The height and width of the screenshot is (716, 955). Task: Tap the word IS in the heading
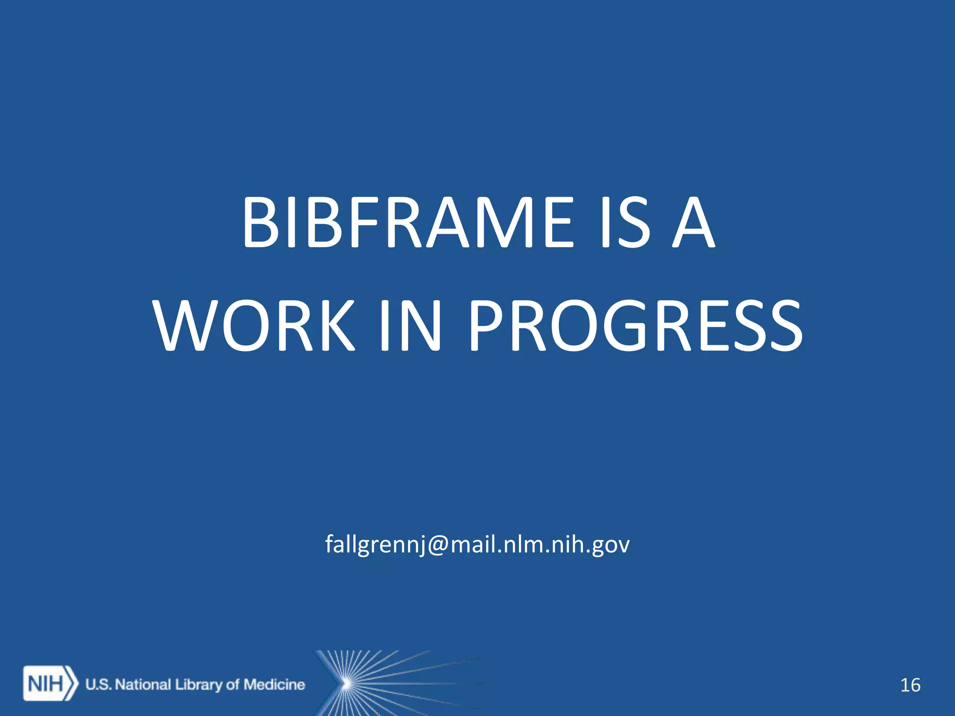(625, 223)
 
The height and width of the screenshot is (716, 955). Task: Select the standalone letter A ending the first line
(693, 223)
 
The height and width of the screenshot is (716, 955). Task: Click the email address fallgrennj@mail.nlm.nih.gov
(477, 544)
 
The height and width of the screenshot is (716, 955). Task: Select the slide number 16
(910, 685)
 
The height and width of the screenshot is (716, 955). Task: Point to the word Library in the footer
(199, 685)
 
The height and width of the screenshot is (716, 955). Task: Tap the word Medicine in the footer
(274, 684)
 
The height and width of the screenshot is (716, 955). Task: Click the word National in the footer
(143, 684)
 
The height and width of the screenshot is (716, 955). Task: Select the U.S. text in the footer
(98, 684)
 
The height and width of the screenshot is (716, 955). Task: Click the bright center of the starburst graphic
(346, 684)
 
